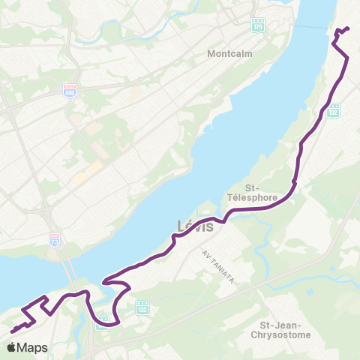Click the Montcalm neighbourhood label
click(x=230, y=54)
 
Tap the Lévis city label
click(x=196, y=226)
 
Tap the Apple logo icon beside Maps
click(x=12, y=347)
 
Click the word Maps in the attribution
click(x=33, y=348)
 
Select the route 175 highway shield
click(x=258, y=24)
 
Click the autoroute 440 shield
click(x=70, y=90)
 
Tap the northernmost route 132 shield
click(x=333, y=110)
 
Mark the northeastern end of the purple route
click(x=348, y=28)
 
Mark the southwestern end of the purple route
click(x=13, y=331)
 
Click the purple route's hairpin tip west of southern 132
click(x=106, y=282)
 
